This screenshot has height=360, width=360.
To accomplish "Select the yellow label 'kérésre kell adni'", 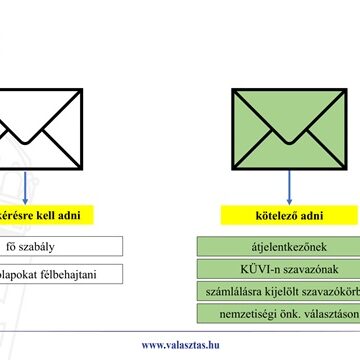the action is click(x=45, y=214).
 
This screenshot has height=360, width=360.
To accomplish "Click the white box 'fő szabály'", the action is click(x=60, y=246).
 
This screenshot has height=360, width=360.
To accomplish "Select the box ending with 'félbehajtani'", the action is click(x=60, y=274).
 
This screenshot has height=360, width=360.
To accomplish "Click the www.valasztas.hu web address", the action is click(x=179, y=345).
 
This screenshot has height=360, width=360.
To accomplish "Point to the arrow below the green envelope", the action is click(x=290, y=184).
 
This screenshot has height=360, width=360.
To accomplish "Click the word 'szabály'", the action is click(x=42, y=246).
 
